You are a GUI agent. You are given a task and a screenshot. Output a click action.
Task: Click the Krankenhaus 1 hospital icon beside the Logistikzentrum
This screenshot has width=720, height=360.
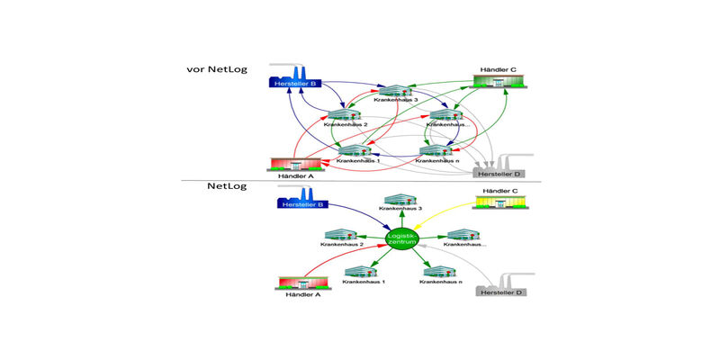(x=360, y=269)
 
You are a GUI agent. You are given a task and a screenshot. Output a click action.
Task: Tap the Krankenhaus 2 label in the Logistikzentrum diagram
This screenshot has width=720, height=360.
(x=342, y=245)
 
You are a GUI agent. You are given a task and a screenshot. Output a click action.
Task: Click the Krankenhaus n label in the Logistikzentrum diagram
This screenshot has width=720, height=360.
(x=441, y=282)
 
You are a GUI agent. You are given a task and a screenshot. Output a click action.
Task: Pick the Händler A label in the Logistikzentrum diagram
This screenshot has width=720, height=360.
(x=302, y=294)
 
